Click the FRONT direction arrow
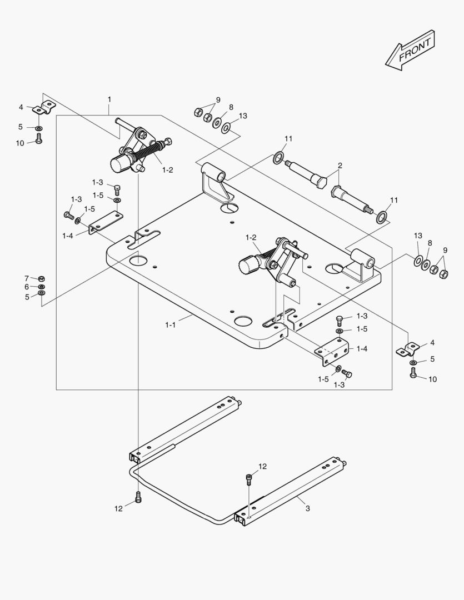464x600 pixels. (410, 51)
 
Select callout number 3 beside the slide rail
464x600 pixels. (307, 508)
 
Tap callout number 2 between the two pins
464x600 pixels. (340, 166)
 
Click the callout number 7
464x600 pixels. (26, 278)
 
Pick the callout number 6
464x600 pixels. (26, 287)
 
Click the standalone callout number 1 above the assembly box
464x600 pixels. (109, 99)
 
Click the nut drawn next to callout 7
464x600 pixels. (41, 278)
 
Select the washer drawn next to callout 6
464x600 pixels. (41, 287)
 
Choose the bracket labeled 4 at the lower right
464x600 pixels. (409, 350)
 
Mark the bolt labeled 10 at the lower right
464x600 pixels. (413, 373)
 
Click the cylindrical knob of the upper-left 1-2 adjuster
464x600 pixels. (119, 164)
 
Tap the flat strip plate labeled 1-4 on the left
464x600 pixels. (106, 222)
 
